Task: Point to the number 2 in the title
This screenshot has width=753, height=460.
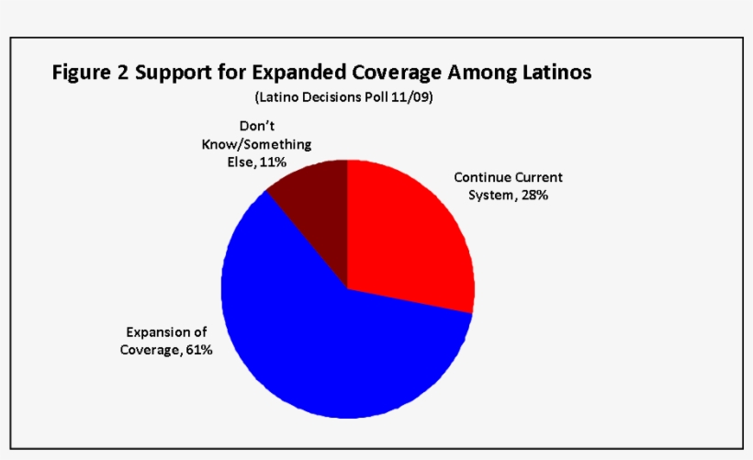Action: tap(122, 73)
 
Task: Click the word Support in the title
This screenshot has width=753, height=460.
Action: tap(174, 73)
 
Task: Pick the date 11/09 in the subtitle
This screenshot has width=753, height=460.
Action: tap(414, 97)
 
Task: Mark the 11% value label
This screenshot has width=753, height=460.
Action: tap(273, 162)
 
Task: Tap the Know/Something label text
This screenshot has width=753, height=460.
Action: tap(256, 145)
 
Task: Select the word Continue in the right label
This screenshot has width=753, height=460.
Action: tap(481, 177)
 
